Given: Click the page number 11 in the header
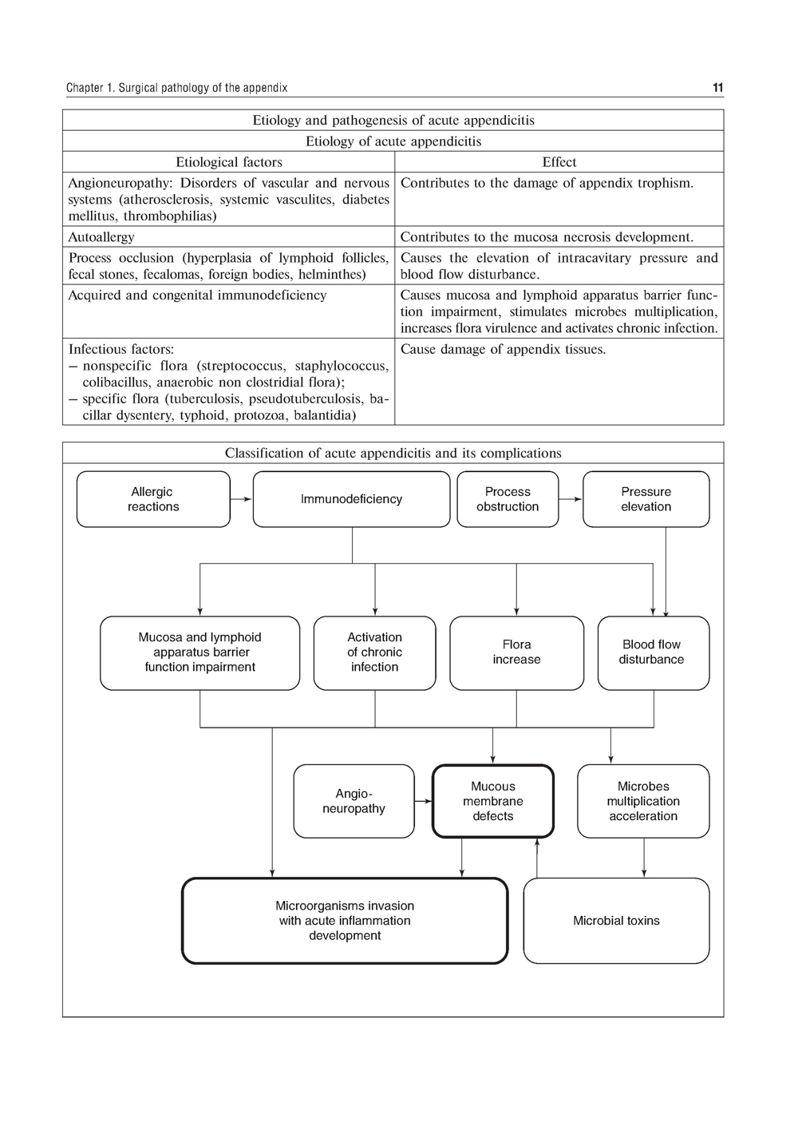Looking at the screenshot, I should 717,88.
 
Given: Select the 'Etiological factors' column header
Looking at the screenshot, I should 229,162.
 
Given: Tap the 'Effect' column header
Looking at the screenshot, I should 559,162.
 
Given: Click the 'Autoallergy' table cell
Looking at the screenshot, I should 101,237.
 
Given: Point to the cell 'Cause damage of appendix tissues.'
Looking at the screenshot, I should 503,350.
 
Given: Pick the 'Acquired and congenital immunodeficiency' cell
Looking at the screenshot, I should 197,295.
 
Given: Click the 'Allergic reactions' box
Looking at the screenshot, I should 153,499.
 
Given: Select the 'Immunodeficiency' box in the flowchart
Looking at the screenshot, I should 351,499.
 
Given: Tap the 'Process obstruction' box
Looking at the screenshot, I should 508,499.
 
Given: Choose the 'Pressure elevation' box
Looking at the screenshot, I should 646,499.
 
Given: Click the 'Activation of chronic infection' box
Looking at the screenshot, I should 374,652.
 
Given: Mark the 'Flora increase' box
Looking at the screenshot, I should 516,652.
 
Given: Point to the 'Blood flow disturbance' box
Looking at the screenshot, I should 652,652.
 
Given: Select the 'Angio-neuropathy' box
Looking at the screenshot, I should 354,801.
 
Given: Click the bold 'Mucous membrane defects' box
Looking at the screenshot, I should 492,801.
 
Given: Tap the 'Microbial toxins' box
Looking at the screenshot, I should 616,921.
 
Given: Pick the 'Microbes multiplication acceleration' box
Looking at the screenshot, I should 643,801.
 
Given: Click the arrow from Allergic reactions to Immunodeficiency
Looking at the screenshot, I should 242,499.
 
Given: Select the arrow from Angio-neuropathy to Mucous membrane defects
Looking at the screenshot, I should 424,801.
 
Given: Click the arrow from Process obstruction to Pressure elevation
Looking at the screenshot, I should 571,499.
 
